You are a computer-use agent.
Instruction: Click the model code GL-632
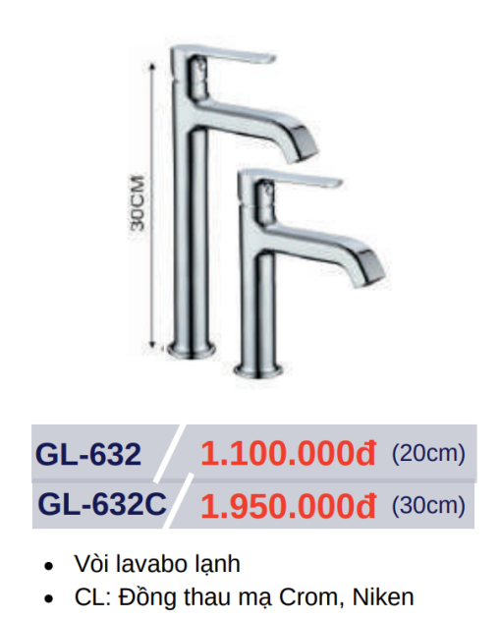(87, 454)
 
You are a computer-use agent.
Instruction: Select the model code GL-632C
(102, 504)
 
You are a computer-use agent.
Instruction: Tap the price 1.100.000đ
(288, 453)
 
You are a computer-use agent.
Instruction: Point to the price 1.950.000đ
(288, 505)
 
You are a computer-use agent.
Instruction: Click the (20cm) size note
(428, 454)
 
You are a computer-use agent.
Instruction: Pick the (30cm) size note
(428, 506)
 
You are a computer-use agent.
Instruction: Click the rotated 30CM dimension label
(138, 202)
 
